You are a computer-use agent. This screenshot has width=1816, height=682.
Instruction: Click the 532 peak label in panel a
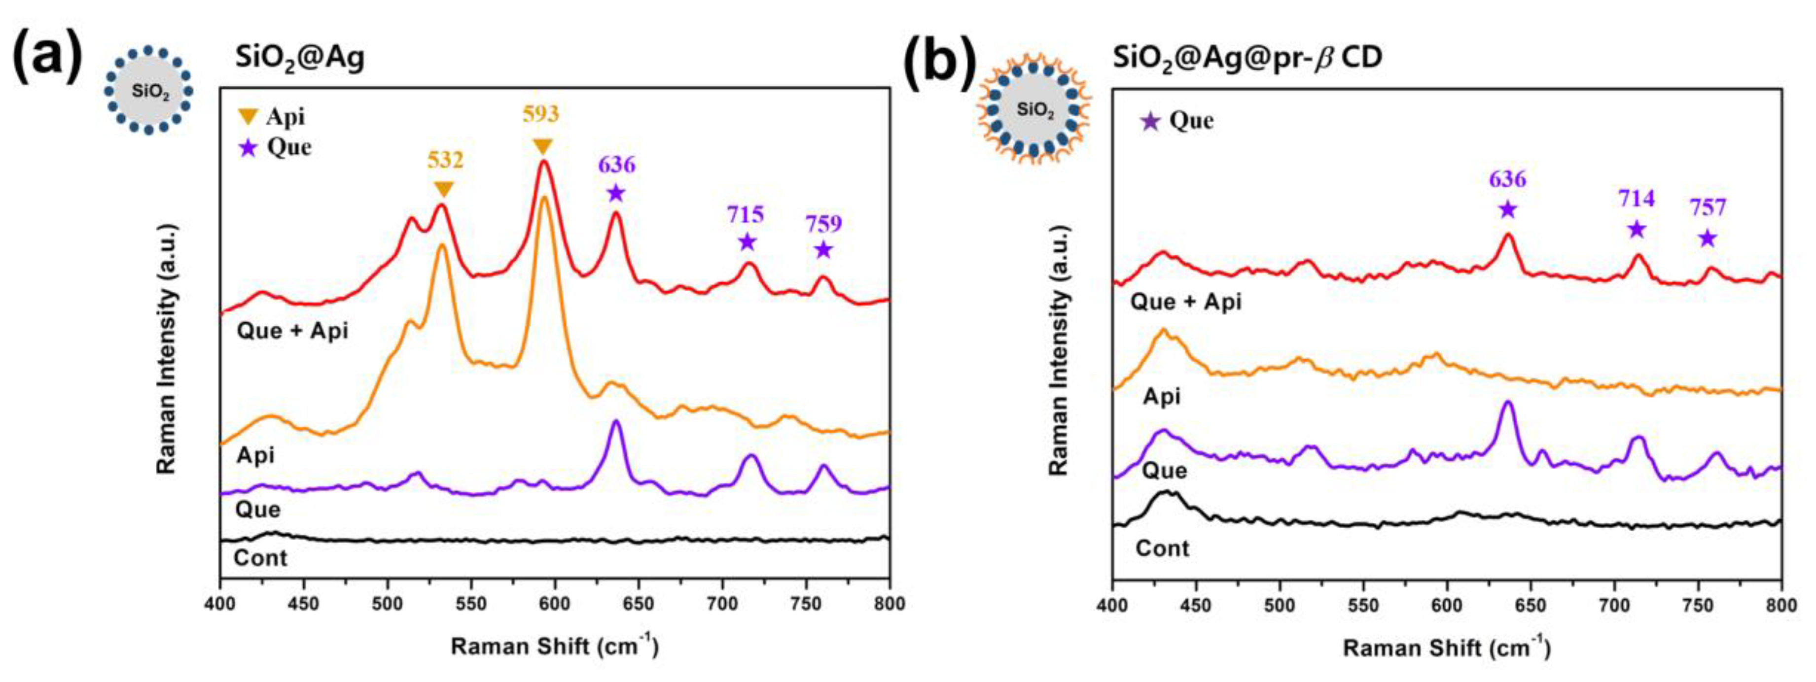pyautogui.click(x=445, y=160)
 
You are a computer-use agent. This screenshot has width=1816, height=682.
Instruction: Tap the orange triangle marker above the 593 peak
pyautogui.click(x=542, y=146)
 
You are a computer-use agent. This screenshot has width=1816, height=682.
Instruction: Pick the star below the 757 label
pyautogui.click(x=1707, y=238)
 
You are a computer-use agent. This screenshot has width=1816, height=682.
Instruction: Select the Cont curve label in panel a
pyautogui.click(x=260, y=558)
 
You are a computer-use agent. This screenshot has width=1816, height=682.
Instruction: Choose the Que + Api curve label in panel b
pyautogui.click(x=1186, y=302)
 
